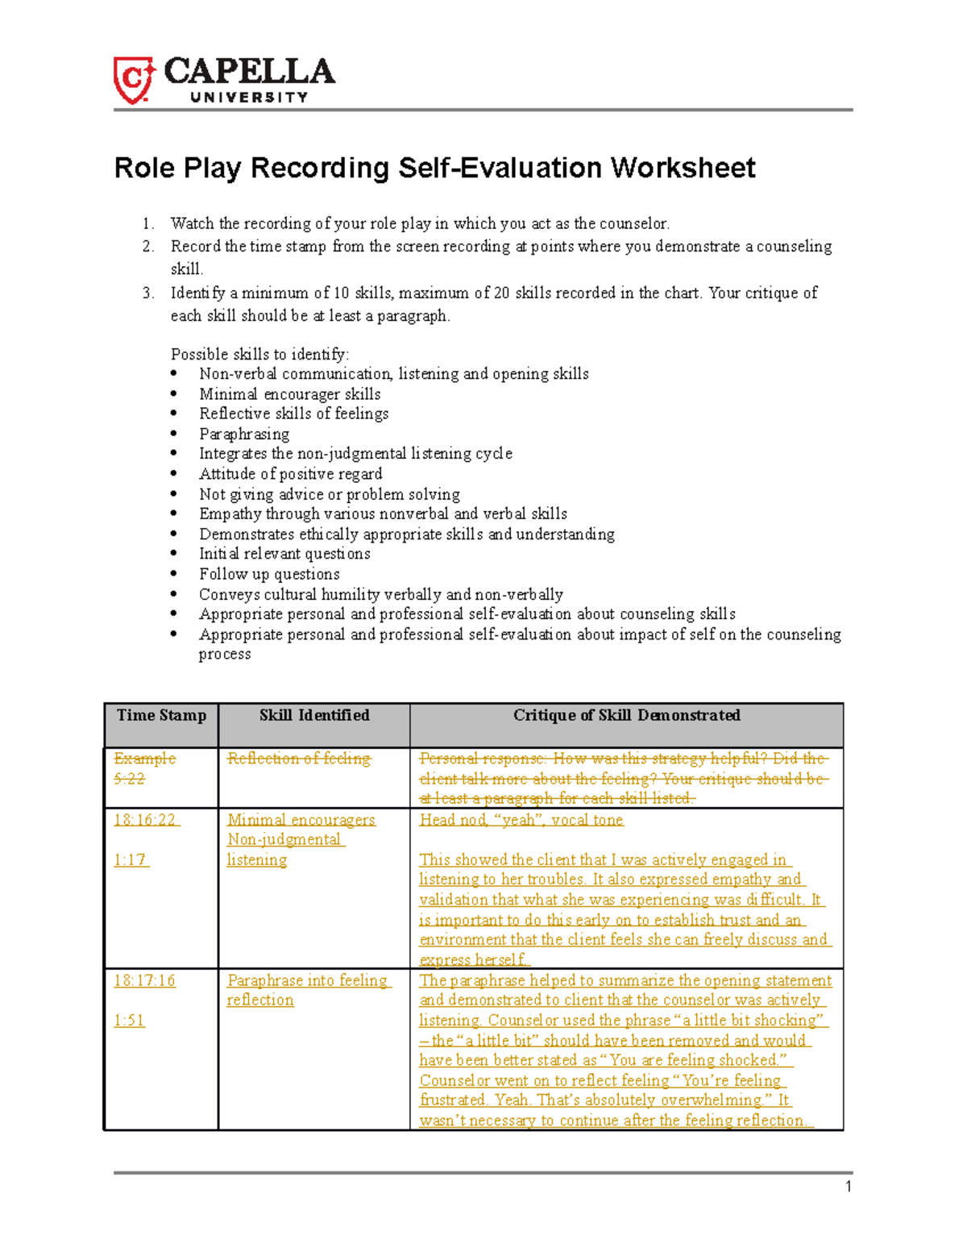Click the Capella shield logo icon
(133, 80)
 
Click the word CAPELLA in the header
(249, 73)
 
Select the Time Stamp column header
(161, 715)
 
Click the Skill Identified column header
(314, 715)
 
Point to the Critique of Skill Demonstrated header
(626, 715)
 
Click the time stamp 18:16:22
(145, 820)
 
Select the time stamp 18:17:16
(145, 980)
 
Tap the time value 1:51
(129, 1021)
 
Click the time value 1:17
(130, 860)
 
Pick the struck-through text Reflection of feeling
(299, 759)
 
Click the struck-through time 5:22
(129, 779)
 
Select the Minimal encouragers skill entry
(301, 820)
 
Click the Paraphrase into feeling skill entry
(307, 980)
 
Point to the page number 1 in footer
(849, 1186)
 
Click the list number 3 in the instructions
(147, 293)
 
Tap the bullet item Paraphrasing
(244, 434)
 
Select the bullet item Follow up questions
(269, 574)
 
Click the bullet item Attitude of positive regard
(290, 474)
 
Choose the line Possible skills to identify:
(259, 355)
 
